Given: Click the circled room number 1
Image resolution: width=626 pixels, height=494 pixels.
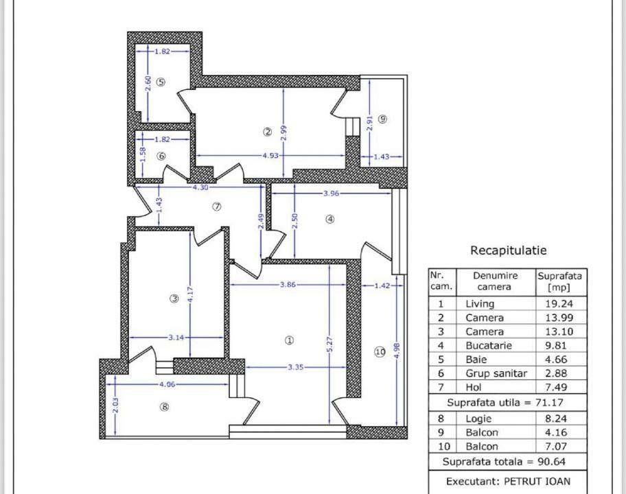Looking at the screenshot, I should [x=289, y=340].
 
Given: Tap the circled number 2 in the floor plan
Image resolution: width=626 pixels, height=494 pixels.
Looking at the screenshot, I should [x=268, y=132].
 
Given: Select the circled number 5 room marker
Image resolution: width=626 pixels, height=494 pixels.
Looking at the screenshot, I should [x=161, y=82].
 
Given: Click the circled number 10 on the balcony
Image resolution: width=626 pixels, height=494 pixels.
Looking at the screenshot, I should [x=380, y=352].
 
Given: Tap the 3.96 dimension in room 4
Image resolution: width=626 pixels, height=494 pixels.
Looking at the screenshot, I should [x=332, y=193].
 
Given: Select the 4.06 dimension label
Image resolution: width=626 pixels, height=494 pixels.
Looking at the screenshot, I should [x=167, y=385].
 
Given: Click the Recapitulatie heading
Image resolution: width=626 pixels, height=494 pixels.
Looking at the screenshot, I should [x=508, y=251].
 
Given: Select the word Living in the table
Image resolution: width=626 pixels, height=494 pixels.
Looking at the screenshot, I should [x=480, y=303].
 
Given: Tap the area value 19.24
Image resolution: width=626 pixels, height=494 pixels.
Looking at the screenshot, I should [x=559, y=303].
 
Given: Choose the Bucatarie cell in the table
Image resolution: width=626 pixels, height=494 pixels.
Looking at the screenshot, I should [x=488, y=346].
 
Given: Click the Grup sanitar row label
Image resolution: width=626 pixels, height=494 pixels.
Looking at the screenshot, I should [x=496, y=374].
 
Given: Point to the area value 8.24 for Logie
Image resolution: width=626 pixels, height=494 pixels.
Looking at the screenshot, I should [x=559, y=418].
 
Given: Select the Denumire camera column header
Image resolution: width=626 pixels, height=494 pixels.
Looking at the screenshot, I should [x=495, y=281].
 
